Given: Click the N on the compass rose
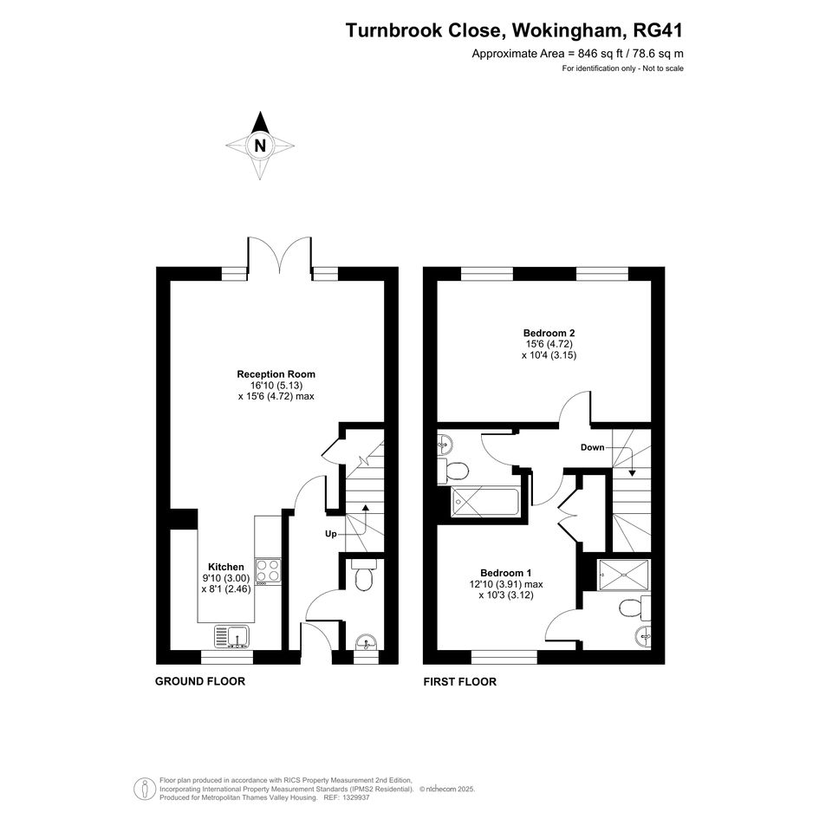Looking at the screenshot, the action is (260, 146).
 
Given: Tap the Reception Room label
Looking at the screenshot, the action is (276, 374).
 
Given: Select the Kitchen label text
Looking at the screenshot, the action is (226, 567).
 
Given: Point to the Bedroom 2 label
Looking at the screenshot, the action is (549, 333).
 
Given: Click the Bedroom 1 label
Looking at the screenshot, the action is (506, 573).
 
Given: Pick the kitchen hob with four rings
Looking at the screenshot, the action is (268, 571).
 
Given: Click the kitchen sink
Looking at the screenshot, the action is (231, 637).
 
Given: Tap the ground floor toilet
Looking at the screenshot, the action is (363, 575).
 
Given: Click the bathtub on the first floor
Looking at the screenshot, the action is (484, 502).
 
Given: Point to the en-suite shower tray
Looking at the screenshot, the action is (624, 575).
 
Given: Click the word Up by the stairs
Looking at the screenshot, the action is (330, 534).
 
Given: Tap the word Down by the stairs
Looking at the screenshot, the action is (592, 447).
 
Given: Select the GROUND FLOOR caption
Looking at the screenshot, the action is (200, 681).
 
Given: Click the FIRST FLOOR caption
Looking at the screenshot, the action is (459, 681).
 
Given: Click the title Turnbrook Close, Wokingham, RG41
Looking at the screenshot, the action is (514, 30).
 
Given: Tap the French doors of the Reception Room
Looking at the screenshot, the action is (279, 255).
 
